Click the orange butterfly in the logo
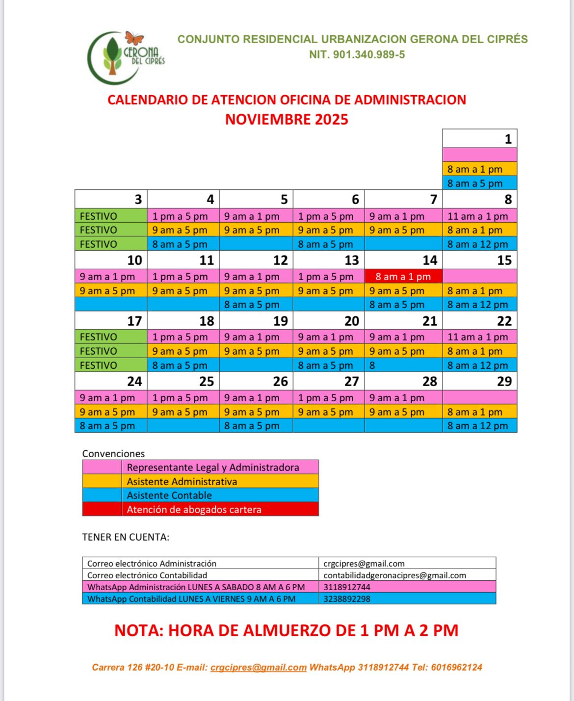134,38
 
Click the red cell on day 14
403,277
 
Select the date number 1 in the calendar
508,139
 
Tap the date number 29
504,382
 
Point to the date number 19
280,321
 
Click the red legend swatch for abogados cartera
102,509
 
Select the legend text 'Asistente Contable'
169,495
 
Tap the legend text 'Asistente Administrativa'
182,482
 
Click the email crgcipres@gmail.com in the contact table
364,564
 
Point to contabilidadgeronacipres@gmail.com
394,575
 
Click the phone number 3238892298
347,599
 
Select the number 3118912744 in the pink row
347,587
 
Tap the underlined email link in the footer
259,668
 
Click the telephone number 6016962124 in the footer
456,668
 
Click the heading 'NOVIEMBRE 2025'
287,120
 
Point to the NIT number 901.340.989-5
368,55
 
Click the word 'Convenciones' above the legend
113,454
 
